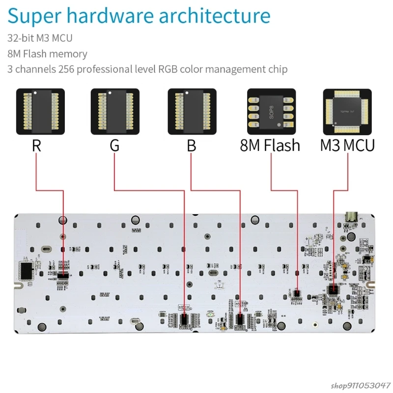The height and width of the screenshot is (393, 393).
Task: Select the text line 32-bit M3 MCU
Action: [40, 38]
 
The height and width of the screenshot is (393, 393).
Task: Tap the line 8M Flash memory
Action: [47, 54]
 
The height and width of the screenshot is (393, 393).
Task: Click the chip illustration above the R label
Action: [40, 112]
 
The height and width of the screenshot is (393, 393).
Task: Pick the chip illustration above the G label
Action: [115, 112]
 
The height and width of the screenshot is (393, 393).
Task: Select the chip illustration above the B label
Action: [192, 112]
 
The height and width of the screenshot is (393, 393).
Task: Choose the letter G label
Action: [114, 146]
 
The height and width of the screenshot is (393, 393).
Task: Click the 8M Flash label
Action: [270, 146]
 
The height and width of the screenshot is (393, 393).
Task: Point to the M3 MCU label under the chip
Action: [347, 146]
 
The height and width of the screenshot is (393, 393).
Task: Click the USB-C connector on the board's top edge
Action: [352, 217]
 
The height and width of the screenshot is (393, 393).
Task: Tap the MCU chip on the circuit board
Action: [334, 289]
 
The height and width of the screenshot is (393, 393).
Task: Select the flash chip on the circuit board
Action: [296, 293]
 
